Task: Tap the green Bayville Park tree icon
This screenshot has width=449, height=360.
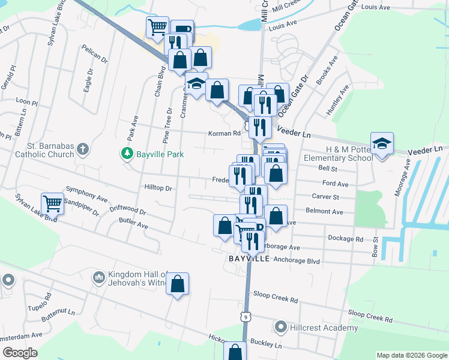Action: tap(127, 154)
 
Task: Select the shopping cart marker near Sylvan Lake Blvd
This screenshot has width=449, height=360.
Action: tap(52, 203)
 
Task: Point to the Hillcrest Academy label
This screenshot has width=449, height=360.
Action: tap(324, 328)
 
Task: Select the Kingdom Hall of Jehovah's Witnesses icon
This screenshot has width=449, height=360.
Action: tap(98, 277)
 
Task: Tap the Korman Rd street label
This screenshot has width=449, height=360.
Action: tap(224, 133)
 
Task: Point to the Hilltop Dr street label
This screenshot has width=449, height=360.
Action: tap(158, 188)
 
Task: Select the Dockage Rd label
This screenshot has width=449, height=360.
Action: tap(346, 238)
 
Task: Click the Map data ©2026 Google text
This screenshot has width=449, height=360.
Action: tap(412, 355)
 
